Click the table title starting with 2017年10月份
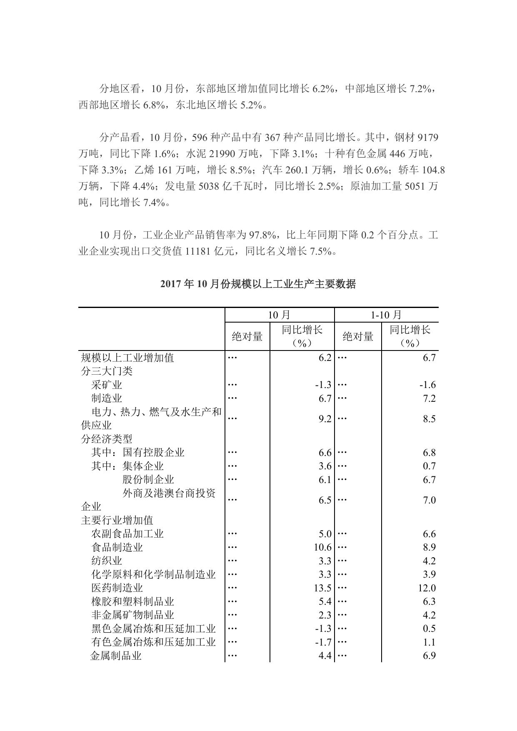click(258, 284)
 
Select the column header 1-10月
click(386, 315)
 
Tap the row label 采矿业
click(107, 385)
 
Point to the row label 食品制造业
click(117, 547)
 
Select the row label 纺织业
click(107, 561)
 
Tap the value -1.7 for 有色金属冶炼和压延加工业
click(323, 642)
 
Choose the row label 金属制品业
click(116, 656)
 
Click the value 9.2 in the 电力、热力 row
click(325, 419)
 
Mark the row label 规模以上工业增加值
click(127, 358)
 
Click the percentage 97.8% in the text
click(262, 235)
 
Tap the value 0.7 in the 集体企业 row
click(429, 466)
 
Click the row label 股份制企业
click(148, 480)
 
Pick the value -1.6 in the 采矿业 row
click(427, 385)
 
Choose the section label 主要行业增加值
click(117, 520)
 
